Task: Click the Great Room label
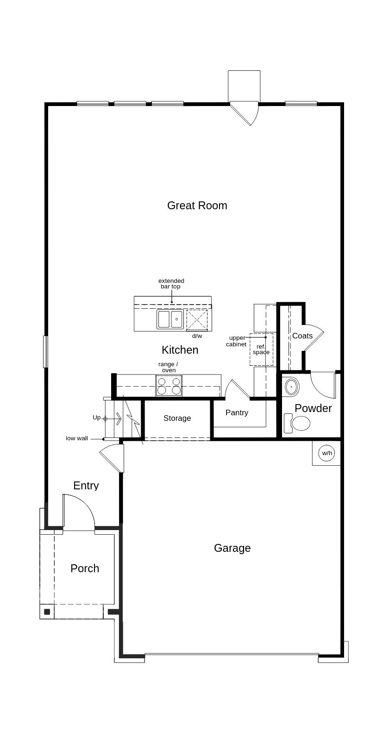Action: click(197, 206)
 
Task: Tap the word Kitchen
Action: click(180, 350)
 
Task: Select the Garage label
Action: click(232, 548)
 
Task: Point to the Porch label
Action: click(85, 568)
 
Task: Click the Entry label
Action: click(86, 486)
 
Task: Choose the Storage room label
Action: click(177, 418)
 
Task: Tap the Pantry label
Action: click(237, 412)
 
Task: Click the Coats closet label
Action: click(302, 336)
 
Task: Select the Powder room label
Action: click(313, 408)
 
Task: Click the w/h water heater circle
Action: click(327, 453)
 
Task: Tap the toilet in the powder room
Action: click(297, 424)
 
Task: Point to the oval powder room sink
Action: click(292, 387)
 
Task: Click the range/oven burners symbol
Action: click(169, 386)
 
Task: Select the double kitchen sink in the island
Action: click(170, 319)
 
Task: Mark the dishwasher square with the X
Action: click(197, 319)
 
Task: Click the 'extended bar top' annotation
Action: click(171, 284)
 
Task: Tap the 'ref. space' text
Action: click(261, 350)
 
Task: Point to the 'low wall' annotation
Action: click(77, 438)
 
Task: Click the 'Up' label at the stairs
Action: click(96, 418)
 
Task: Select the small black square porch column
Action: click(47, 612)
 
